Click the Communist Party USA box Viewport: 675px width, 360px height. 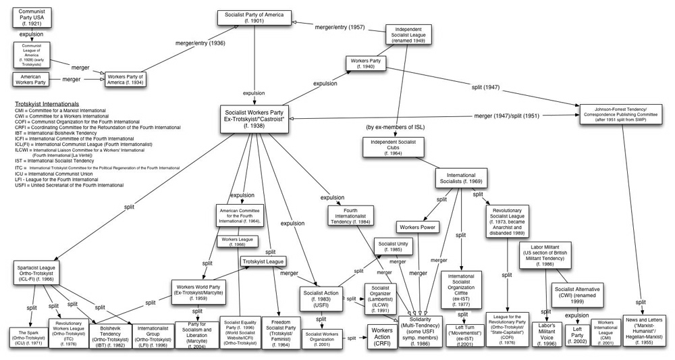point(32,17)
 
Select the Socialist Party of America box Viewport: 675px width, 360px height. point(254,18)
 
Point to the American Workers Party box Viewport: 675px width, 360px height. point(32,79)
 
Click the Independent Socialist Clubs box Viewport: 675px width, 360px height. point(395,147)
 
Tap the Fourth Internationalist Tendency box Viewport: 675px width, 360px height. point(351,215)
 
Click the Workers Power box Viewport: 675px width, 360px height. point(419,227)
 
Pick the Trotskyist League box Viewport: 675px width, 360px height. point(263,261)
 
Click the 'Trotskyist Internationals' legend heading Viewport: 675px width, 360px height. point(47,105)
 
